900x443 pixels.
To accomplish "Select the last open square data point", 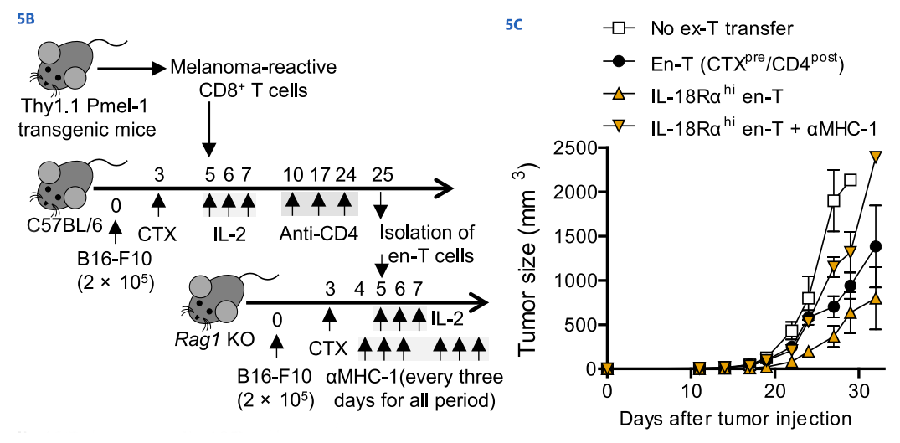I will [851, 180].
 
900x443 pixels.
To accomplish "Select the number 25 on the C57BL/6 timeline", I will [381, 173].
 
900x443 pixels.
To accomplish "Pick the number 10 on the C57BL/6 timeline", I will [293, 173].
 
